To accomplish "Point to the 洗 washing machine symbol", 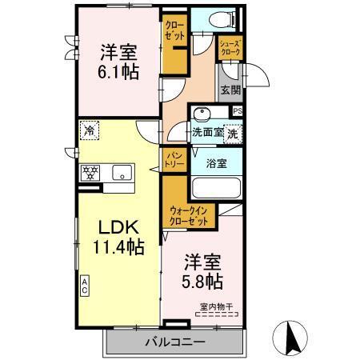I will (x=232, y=134).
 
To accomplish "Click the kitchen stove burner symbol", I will (x=90, y=171).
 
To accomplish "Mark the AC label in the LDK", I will (x=84, y=284).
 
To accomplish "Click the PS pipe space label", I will (x=238, y=110).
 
